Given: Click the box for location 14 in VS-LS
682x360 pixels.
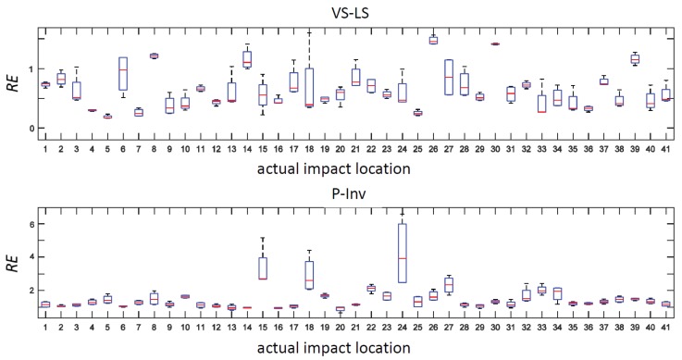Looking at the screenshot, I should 247,58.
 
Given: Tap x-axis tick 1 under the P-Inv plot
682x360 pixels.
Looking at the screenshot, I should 44,327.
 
